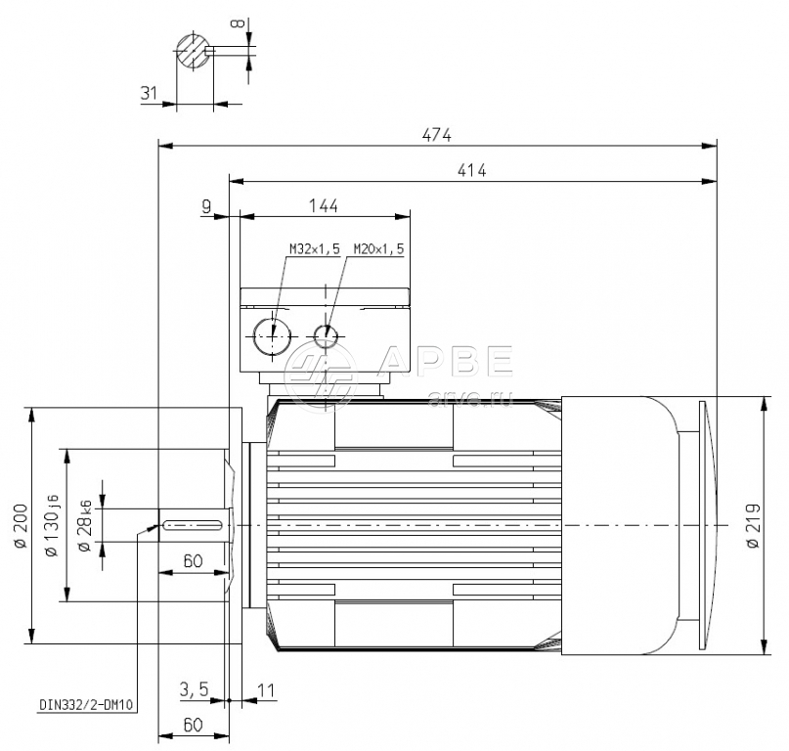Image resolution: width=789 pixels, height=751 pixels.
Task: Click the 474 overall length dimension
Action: tap(437, 135)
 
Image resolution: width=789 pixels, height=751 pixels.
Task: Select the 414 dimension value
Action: tap(472, 170)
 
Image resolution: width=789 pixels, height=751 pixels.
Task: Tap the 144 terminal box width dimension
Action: tap(324, 206)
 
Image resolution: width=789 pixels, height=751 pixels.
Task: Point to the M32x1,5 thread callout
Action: tap(315, 248)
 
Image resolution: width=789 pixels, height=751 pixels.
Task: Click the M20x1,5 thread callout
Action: tap(378, 248)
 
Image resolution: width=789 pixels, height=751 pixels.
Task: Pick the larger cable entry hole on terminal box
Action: tap(273, 336)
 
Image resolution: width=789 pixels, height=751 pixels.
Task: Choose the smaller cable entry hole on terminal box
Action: tap(327, 336)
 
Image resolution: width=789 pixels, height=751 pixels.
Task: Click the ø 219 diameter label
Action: tap(753, 525)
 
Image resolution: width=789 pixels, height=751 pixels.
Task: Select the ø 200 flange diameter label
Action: tap(21, 525)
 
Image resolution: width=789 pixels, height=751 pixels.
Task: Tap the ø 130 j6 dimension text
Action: tap(52, 525)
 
